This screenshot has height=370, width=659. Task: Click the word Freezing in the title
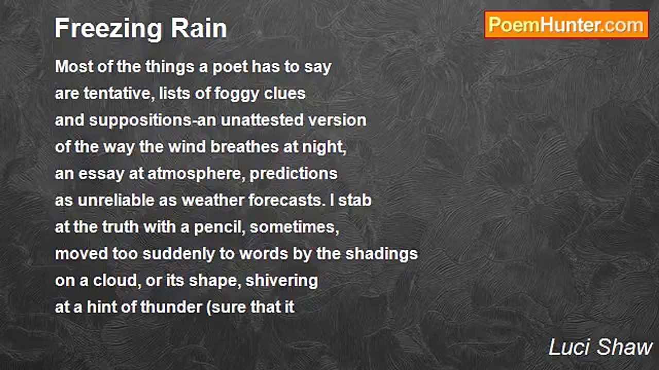(108, 29)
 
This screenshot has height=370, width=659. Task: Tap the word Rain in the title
(199, 28)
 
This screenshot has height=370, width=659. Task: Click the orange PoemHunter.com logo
(566, 25)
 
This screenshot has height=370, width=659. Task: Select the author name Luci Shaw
(600, 347)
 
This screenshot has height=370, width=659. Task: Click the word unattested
(262, 120)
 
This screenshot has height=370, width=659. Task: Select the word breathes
(245, 147)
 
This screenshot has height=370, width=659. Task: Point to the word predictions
(293, 174)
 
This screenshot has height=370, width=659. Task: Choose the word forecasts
(287, 200)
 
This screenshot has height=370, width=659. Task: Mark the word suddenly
(179, 254)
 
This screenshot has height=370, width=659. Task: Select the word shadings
(381, 254)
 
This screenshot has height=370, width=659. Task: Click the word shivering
(282, 281)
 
